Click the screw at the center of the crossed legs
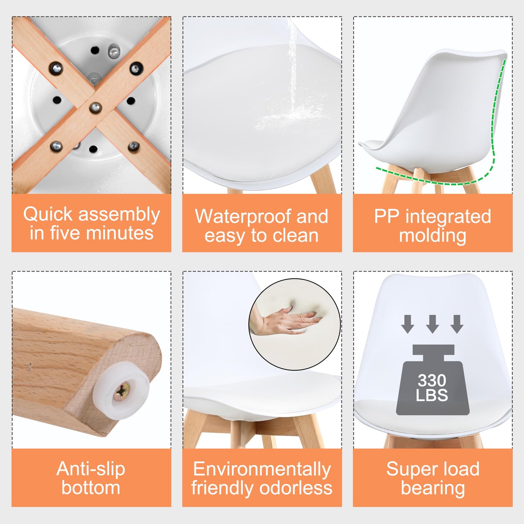[95, 107]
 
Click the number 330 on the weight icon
[432, 380]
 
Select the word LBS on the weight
[432, 395]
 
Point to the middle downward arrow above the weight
[432, 323]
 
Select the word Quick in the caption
[48, 214]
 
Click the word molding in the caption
[432, 235]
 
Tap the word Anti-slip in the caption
[91, 469]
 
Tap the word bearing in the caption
[433, 488]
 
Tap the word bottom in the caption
[91, 488]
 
